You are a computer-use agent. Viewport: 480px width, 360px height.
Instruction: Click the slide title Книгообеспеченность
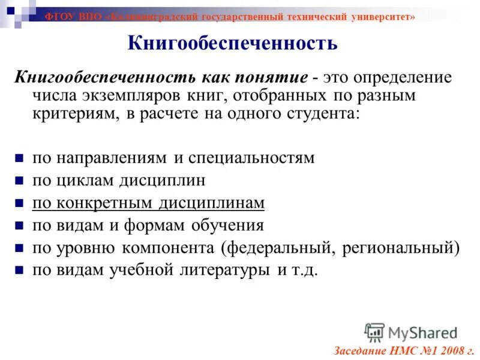click(x=233, y=43)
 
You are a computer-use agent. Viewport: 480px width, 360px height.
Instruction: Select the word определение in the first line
click(x=403, y=78)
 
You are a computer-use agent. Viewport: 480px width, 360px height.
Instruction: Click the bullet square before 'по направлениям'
click(x=19, y=159)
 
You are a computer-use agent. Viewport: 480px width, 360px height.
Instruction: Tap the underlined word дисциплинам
click(x=211, y=203)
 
